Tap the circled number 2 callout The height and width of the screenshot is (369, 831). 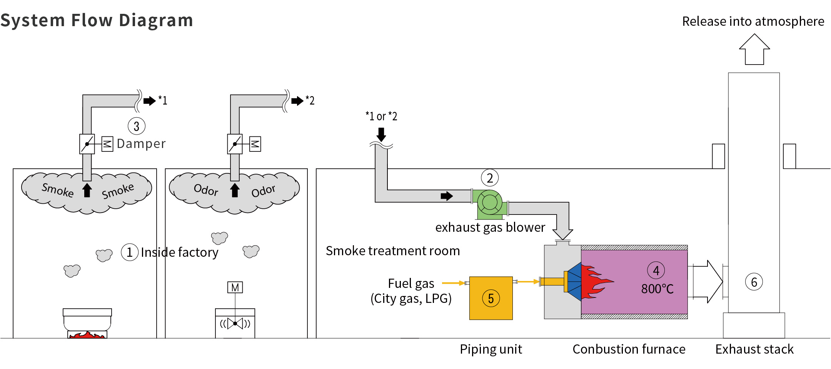[490, 178]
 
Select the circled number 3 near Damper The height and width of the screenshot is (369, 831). [137, 126]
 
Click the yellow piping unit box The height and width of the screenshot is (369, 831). [491, 298]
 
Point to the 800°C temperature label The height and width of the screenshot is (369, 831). [657, 289]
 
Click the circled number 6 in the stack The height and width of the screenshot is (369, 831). [754, 282]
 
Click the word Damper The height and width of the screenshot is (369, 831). [141, 144]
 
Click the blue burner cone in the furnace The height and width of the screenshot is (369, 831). [574, 282]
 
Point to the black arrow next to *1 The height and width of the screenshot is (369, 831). [149, 101]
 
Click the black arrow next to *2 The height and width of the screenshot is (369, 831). [297, 101]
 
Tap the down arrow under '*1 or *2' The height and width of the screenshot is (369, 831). [381, 135]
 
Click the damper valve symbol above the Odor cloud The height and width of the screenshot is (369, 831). [235, 144]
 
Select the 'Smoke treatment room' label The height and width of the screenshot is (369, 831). [393, 251]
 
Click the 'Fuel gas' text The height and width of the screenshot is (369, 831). [411, 284]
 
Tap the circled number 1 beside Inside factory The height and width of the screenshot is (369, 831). [130, 253]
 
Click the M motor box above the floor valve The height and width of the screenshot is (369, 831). [235, 288]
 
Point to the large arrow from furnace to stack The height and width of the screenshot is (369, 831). [707, 282]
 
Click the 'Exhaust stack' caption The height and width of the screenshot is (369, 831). [754, 349]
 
